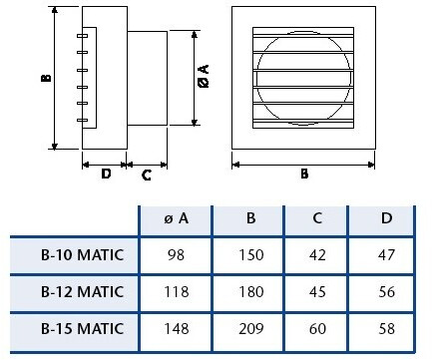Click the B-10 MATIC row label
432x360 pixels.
click(82, 255)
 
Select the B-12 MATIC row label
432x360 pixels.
click(82, 292)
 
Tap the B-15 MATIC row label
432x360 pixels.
click(82, 328)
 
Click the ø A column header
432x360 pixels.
click(177, 218)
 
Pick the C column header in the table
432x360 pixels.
click(317, 218)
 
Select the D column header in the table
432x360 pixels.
click(386, 218)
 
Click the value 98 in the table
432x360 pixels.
click(176, 255)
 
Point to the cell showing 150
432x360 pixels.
click(251, 255)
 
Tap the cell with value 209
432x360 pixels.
click(251, 328)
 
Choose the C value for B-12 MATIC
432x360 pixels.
click(317, 292)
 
